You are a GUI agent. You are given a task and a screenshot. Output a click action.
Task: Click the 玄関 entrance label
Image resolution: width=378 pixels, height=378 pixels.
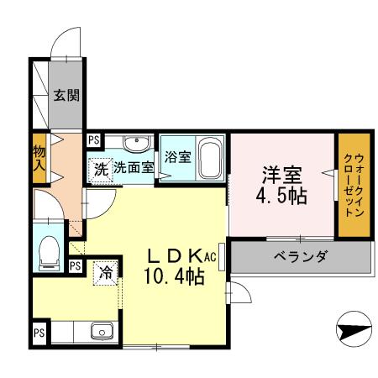tap(66, 95)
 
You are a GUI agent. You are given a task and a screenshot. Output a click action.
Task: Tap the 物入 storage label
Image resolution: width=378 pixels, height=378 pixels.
tap(39, 158)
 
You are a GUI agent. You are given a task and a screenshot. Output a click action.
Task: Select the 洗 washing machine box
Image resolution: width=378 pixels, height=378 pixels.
tap(100, 167)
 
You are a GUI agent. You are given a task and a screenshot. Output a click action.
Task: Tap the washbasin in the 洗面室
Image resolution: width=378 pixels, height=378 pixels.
tap(133, 143)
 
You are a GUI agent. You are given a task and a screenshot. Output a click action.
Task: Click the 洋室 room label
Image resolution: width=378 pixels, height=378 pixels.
tap(281, 176)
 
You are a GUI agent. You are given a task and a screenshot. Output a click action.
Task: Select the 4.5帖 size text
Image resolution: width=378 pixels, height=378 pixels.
tap(281, 197)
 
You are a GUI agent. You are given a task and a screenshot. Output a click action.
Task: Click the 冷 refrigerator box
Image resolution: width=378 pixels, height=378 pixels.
tap(106, 272)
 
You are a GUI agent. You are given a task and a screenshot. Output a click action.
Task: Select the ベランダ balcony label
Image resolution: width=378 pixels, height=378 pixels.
tap(300, 256)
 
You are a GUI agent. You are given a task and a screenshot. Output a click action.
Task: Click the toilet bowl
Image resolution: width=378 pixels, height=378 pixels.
tap(49, 250)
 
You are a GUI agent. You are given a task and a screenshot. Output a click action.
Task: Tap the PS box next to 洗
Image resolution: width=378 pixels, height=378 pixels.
tap(93, 140)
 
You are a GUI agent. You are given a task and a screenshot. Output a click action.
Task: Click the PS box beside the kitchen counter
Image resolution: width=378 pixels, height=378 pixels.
tap(39, 332)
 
